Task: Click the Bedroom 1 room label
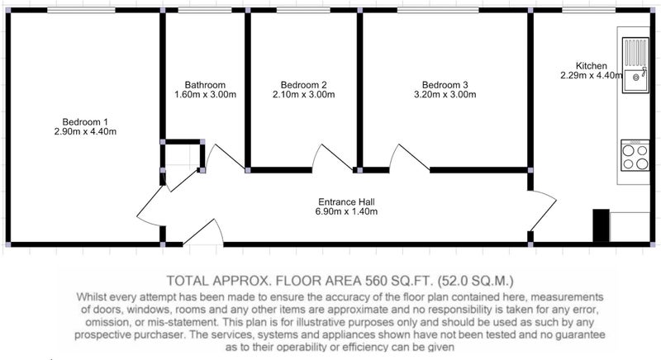tap(85, 122)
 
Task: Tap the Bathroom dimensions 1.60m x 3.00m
tap(205, 94)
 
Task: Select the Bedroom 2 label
tap(303, 85)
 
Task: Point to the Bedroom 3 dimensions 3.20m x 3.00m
tap(445, 94)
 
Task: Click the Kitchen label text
tap(592, 66)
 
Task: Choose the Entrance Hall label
tap(346, 202)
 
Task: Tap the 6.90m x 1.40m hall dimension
tap(346, 211)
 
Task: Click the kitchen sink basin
tap(635, 81)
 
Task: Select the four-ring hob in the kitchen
tap(635, 156)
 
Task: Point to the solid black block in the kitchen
tap(602, 225)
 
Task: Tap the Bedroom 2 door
tap(333, 159)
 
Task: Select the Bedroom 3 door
tap(409, 158)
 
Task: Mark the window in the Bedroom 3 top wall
tap(438, 10)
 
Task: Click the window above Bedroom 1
tap(81, 10)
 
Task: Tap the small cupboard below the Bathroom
tap(183, 156)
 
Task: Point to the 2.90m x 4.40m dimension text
tap(85, 131)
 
